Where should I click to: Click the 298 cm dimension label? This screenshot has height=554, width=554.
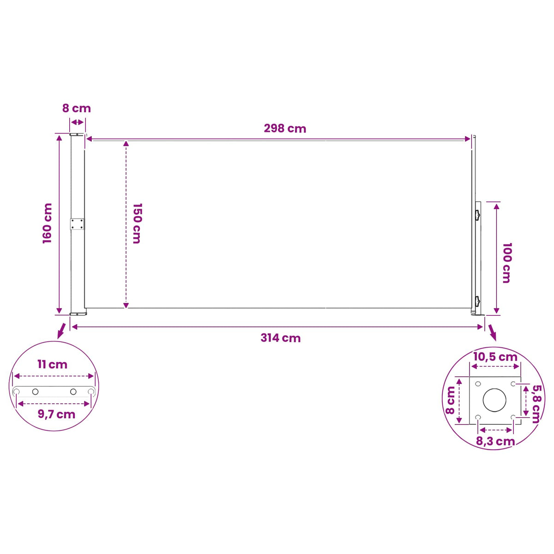coord(285,128)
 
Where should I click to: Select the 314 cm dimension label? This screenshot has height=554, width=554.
coord(280,338)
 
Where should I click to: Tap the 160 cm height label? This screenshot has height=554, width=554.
coord(48,223)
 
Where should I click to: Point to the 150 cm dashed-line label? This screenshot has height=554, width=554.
coord(137,223)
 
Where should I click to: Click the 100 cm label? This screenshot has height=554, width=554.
coord(507,263)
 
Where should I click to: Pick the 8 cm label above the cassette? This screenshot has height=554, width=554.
coord(77,108)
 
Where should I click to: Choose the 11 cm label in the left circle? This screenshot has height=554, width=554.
coord(52,365)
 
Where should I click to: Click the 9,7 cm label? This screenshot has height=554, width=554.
coord(56,414)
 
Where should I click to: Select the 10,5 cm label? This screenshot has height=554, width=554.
coord(495,357)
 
